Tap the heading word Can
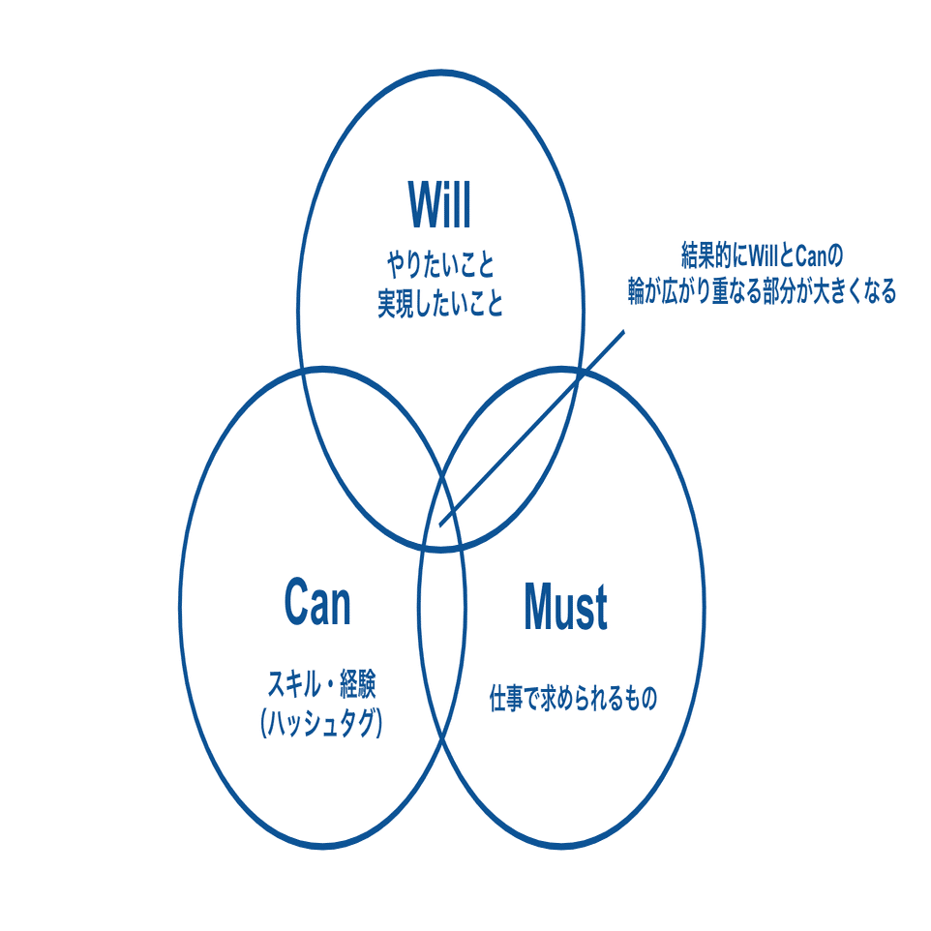point(317,602)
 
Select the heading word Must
point(565,608)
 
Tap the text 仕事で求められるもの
point(572,699)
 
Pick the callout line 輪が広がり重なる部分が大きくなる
point(761,293)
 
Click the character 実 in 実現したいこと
point(386,305)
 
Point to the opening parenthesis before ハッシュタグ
point(264,724)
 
